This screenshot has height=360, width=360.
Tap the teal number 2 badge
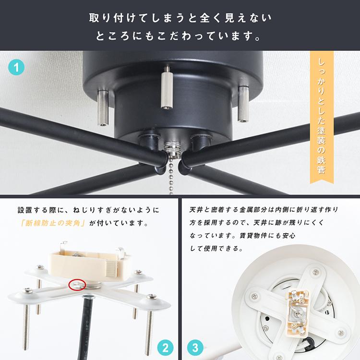pyautogui.click(x=165, y=347)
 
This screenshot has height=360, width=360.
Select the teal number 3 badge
pyautogui.click(x=195, y=347)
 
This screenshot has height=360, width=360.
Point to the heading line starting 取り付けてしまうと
pyautogui.click(x=180, y=18)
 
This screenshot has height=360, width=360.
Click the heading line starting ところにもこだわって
pyautogui.click(x=180, y=36)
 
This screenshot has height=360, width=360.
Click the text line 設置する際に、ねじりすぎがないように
pyautogui.click(x=88, y=210)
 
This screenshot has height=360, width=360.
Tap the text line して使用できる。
pyautogui.click(x=216, y=249)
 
